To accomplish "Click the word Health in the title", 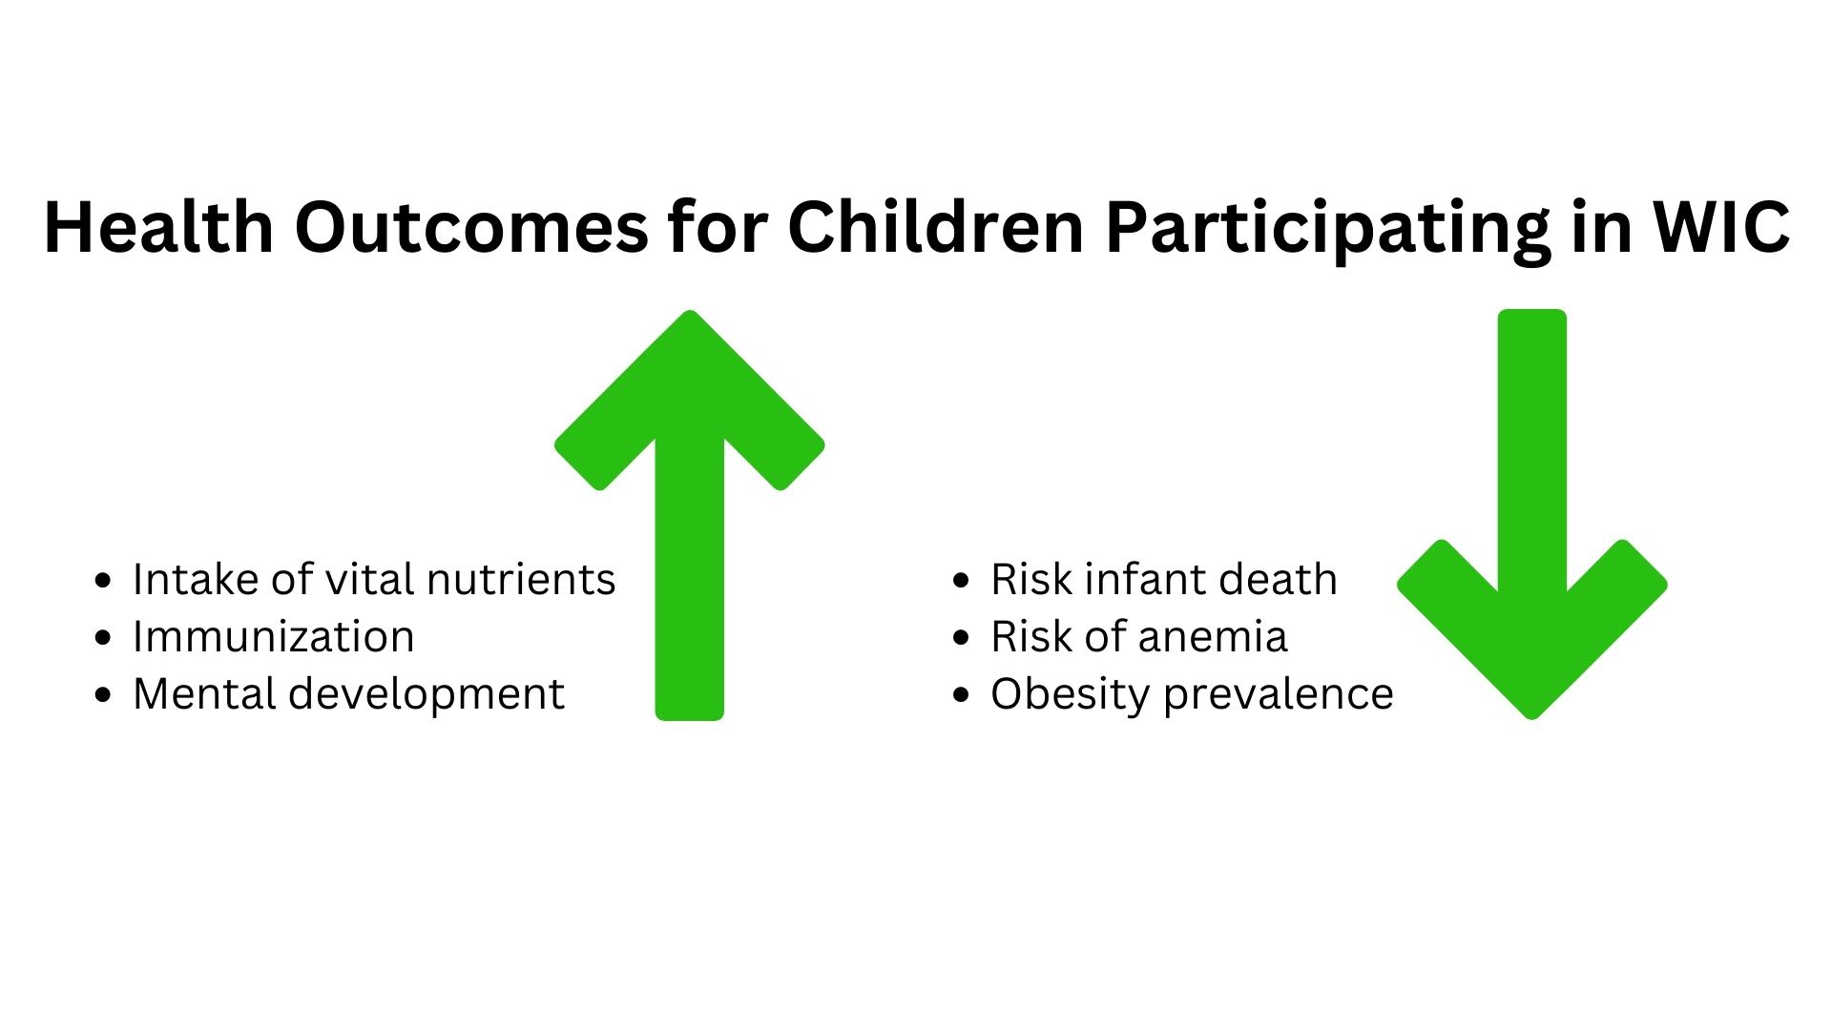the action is pos(159,227).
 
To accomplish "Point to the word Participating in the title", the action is pos(1328,231).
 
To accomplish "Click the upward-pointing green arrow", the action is pos(689,515).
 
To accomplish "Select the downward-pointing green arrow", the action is pos(1532,515).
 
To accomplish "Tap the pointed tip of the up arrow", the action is pos(689,312).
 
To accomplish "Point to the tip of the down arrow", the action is pos(1532,718).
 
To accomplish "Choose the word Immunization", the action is pos(274,636).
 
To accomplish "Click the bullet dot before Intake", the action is pos(103,581).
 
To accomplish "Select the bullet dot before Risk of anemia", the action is pos(961,638).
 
